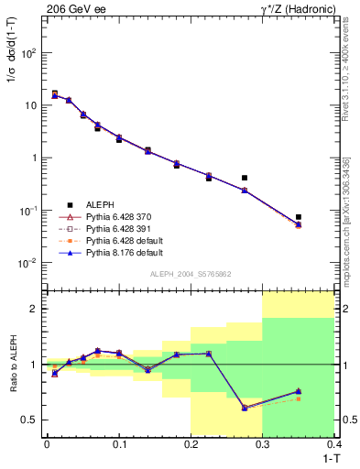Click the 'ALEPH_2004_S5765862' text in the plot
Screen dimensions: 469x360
pyautogui.click(x=190, y=274)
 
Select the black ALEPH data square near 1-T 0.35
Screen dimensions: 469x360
pyautogui.click(x=299, y=217)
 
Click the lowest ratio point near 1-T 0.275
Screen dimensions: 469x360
pyautogui.click(x=245, y=408)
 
